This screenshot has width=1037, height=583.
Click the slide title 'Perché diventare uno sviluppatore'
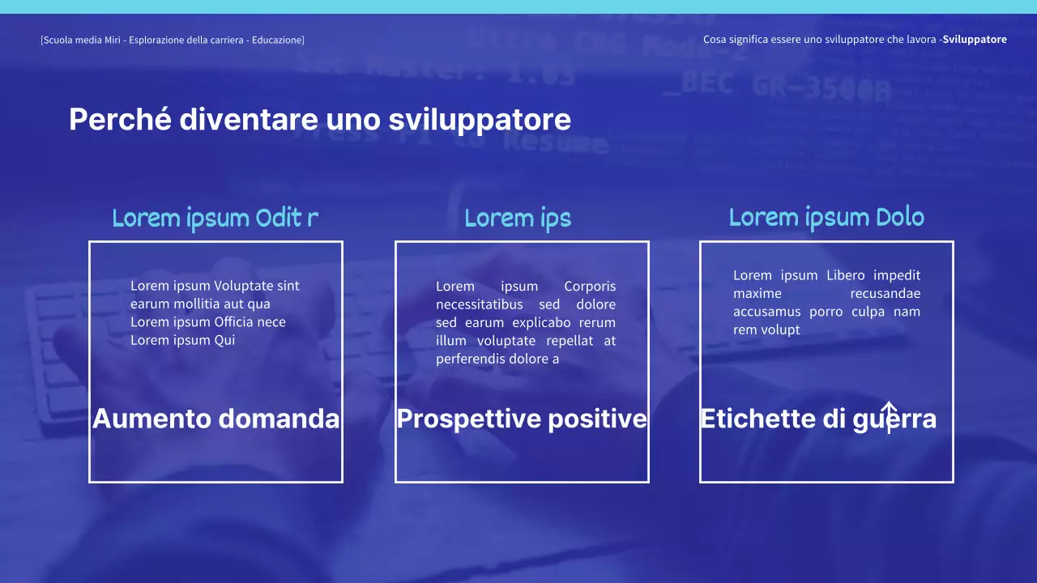pos(319,120)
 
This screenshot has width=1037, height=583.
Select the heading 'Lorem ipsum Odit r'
pos(215,218)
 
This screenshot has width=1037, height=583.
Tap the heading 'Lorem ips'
pos(518,218)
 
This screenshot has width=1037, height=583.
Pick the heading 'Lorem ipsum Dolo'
pos(826,217)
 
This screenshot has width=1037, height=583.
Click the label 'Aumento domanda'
pos(216,419)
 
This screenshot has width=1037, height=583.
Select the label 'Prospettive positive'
pos(522,419)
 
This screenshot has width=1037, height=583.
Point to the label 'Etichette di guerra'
pos(818,419)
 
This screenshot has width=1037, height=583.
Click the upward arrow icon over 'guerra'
pos(889,416)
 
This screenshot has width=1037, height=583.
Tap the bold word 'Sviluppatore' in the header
pos(975,40)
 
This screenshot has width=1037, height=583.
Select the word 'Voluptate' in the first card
pos(244,286)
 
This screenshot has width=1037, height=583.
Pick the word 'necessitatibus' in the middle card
pos(478,304)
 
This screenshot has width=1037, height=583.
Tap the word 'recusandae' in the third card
pos(885,293)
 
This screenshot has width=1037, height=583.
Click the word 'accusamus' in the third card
pos(766,312)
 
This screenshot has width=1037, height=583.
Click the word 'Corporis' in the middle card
pos(590,287)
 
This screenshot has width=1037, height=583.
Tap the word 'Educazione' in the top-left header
pos(277,40)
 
